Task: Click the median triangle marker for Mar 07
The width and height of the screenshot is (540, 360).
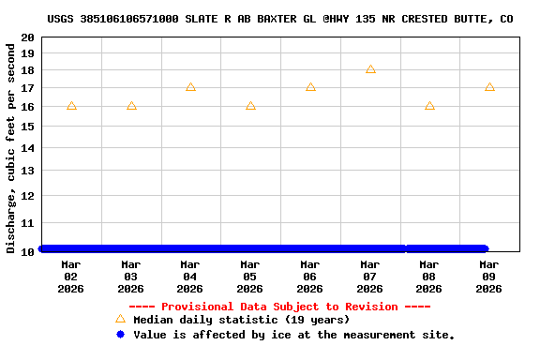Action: [x=370, y=68]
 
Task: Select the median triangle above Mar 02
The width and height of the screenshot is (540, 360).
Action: [x=71, y=106]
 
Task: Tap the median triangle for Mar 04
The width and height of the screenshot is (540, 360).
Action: [x=190, y=87]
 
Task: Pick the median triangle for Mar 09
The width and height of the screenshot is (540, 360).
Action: [x=489, y=87]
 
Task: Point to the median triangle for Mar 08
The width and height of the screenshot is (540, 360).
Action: [x=429, y=106]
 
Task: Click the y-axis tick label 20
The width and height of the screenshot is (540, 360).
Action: [x=27, y=37]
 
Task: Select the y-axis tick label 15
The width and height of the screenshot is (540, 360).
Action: [x=27, y=127]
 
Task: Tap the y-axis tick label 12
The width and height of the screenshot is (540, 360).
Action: [x=27, y=196]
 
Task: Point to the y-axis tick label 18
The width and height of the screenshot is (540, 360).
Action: [x=27, y=71]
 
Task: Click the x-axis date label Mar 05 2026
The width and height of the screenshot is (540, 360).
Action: [x=250, y=277]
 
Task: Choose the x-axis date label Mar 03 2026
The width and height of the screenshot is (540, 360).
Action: [x=131, y=277]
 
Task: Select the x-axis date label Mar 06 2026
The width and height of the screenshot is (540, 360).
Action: [x=310, y=277]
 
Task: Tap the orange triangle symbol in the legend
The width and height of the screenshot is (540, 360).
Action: [x=120, y=319]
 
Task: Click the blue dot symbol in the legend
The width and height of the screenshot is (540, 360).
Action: [x=120, y=334]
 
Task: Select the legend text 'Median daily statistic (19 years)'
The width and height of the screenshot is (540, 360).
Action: [x=241, y=320]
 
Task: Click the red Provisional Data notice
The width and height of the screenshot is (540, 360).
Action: [x=279, y=307]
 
